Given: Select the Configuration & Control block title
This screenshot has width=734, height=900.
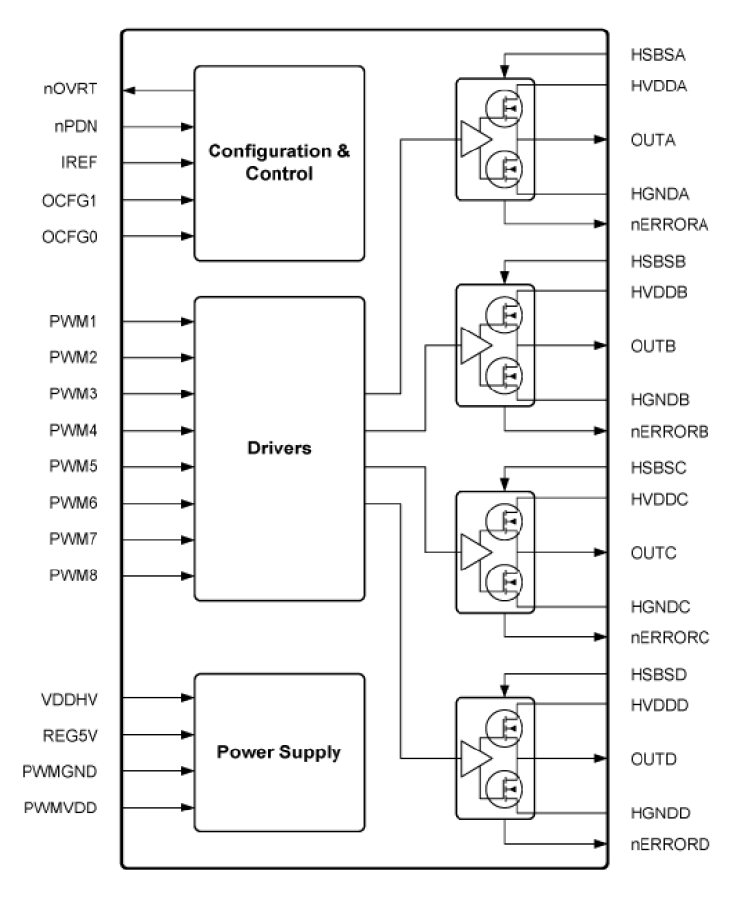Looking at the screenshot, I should point(278,163).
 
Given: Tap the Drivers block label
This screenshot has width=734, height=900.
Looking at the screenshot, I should point(278,449).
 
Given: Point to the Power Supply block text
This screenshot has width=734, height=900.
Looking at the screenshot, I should point(278,752).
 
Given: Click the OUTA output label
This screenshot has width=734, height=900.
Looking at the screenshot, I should point(650,139).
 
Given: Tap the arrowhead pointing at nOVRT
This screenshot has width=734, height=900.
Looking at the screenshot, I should point(128,90).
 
